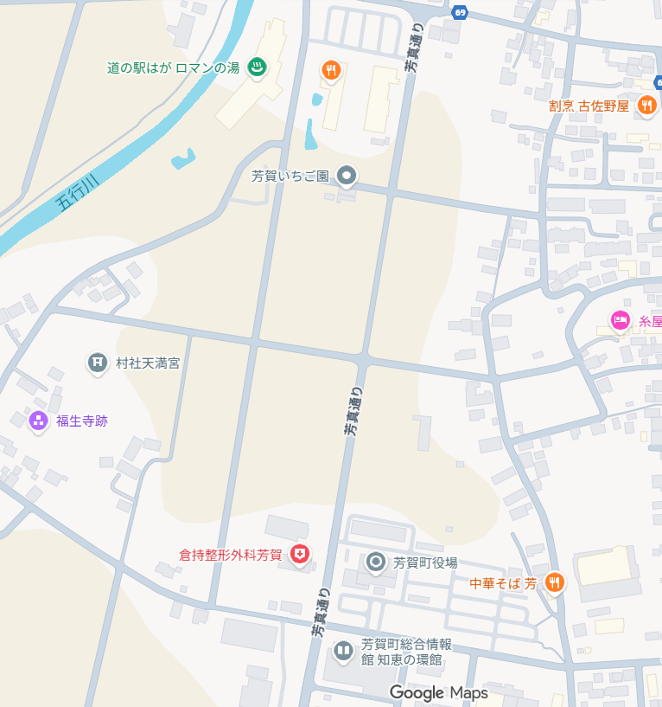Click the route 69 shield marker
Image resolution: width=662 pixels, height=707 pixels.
pyautogui.click(x=460, y=12)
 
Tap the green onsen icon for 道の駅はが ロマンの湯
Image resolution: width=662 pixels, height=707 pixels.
pyautogui.click(x=257, y=67)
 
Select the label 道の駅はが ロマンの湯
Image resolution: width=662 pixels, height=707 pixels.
pyautogui.click(x=172, y=67)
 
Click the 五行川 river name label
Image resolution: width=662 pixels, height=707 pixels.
pyautogui.click(x=78, y=191)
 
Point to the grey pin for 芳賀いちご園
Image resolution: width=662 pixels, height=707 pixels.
pyautogui.click(x=347, y=176)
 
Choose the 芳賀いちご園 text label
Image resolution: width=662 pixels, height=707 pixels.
pyautogui.click(x=290, y=176)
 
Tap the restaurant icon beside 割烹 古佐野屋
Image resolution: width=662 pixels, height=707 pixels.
pyautogui.click(x=646, y=106)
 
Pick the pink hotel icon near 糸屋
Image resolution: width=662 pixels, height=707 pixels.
pyautogui.click(x=620, y=321)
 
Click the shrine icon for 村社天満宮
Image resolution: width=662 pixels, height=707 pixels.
pyautogui.click(x=98, y=363)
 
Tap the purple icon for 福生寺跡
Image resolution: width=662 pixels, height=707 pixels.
pyautogui.click(x=38, y=421)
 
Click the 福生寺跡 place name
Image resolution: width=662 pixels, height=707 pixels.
pyautogui.click(x=82, y=421)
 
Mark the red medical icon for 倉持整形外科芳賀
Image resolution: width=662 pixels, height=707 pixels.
pyautogui.click(x=300, y=554)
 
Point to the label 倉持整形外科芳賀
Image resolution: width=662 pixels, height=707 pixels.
pyautogui.click(x=231, y=555)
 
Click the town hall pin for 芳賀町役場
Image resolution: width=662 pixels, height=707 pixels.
pyautogui.click(x=376, y=562)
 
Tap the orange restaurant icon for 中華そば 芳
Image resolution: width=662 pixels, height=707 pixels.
pyautogui.click(x=555, y=583)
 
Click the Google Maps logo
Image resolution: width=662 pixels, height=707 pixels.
pyautogui.click(x=438, y=692)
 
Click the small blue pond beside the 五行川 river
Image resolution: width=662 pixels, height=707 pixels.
pyautogui.click(x=183, y=159)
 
